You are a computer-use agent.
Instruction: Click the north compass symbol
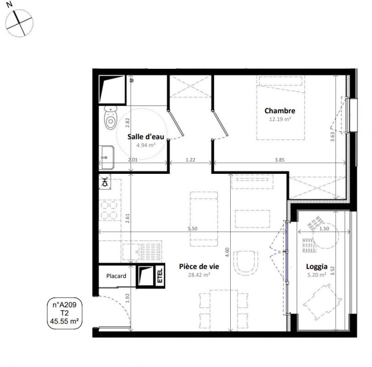[19, 23]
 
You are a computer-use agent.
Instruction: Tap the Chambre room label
[280, 111]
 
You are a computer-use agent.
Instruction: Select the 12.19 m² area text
[280, 119]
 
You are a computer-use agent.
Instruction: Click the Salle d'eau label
[146, 137]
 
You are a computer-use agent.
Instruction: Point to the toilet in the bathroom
[111, 117]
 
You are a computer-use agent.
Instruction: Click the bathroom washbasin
[106, 157]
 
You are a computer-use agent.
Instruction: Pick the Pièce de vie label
[199, 267]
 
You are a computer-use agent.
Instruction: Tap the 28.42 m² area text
[199, 275]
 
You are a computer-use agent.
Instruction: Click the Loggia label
[316, 267]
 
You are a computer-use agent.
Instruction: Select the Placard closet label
[116, 276]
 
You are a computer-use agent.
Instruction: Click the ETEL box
[160, 275]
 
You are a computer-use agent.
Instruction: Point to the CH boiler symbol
[105, 182]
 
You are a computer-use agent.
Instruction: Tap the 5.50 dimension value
[192, 228]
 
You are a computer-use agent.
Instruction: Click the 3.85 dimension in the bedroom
[279, 160]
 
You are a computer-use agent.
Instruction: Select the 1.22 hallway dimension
[190, 160]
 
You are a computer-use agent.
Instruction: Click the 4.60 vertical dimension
[227, 252]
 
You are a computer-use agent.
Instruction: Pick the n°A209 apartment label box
[65, 313]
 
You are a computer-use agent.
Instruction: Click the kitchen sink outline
[142, 251]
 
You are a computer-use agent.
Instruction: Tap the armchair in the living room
[246, 262]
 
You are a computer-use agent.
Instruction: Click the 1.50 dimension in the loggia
[324, 228]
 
